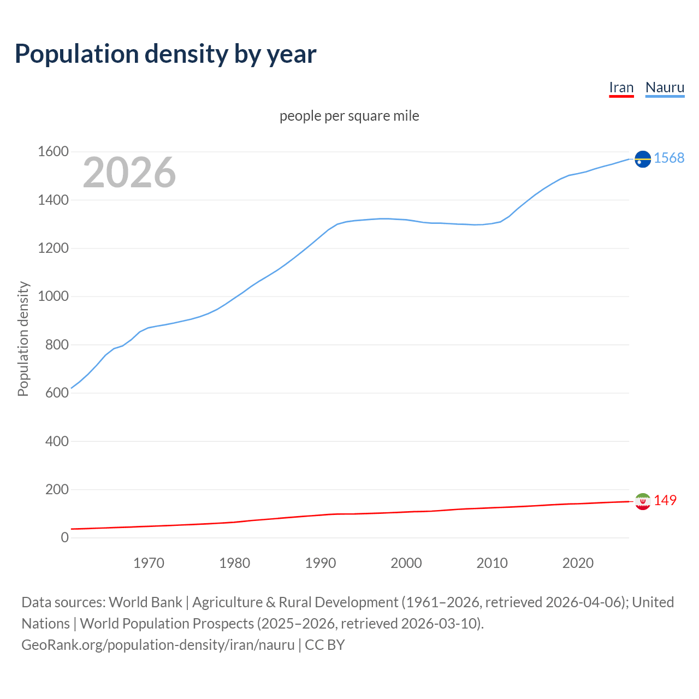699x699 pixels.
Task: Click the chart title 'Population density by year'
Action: point(165,54)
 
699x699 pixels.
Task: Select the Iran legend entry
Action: point(621,88)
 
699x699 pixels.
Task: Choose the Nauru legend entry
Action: point(665,88)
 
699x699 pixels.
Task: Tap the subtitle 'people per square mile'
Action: point(349,116)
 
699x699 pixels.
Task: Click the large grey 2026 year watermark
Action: point(129,173)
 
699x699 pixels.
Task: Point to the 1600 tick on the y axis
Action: point(53,152)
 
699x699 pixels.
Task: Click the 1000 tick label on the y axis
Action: point(53,297)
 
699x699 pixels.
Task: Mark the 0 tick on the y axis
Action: point(64,538)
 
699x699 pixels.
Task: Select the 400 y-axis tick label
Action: point(57,441)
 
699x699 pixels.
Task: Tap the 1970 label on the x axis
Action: point(149,563)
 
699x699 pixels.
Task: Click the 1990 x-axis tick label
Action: point(321,563)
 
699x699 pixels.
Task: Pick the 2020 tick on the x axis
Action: point(578,563)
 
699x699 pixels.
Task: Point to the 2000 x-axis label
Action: point(406,563)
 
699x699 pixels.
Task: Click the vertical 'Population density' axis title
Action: point(23,339)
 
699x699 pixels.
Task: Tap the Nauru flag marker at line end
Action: point(643,159)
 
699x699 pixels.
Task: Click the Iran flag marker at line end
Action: point(643,501)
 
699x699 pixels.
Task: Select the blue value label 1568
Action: point(669,158)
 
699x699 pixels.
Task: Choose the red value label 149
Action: point(665,501)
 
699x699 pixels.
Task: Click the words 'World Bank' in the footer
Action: point(145,602)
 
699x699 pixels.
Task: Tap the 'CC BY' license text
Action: point(325,645)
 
